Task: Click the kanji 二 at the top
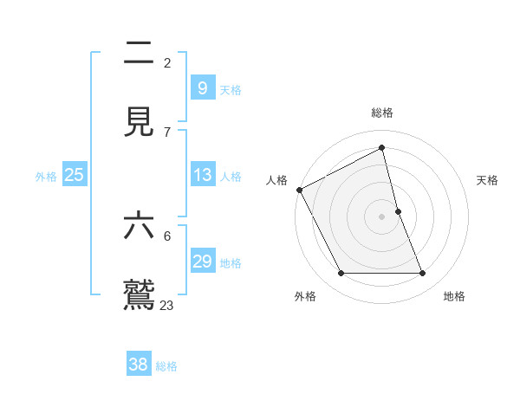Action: pyautogui.click(x=140, y=54)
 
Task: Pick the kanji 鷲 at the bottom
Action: pyautogui.click(x=140, y=294)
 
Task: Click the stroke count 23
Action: pyautogui.click(x=166, y=305)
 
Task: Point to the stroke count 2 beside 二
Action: pyautogui.click(x=167, y=62)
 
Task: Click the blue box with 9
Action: pyautogui.click(x=202, y=87)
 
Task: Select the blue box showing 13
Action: pyautogui.click(x=202, y=175)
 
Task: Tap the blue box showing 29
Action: pyautogui.click(x=202, y=262)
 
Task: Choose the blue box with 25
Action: pyautogui.click(x=75, y=175)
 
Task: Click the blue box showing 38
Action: pyautogui.click(x=139, y=365)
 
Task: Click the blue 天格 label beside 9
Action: pyautogui.click(x=231, y=89)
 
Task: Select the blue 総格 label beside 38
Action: pyautogui.click(x=166, y=366)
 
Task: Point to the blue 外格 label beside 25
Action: pyautogui.click(x=46, y=177)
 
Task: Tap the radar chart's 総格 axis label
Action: pyautogui.click(x=382, y=113)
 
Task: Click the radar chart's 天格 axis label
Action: pyautogui.click(x=488, y=180)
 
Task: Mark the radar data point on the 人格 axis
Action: pyautogui.click(x=300, y=190)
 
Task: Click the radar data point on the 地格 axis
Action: pyautogui.click(x=422, y=273)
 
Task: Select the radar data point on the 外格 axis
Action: pyautogui.click(x=341, y=274)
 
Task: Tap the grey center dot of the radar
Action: pyautogui.click(x=382, y=216)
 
